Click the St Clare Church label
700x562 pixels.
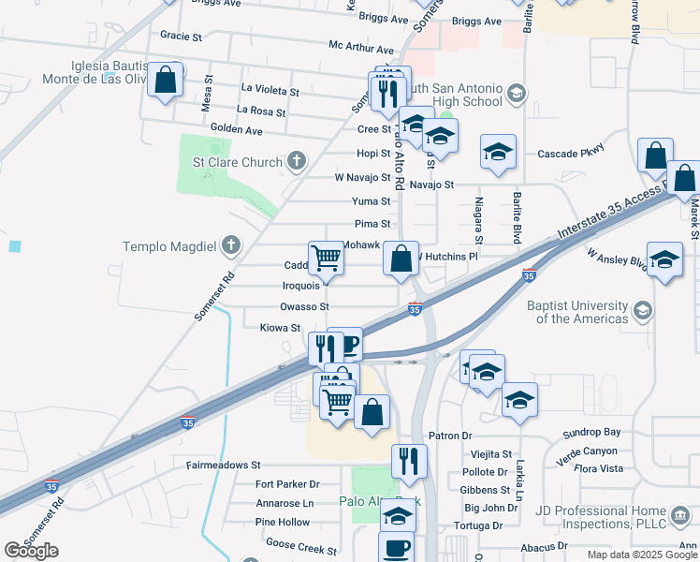click(x=237, y=162)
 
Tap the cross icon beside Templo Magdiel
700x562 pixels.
click(x=230, y=247)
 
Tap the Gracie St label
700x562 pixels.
click(x=182, y=37)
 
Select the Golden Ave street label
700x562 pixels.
click(x=236, y=129)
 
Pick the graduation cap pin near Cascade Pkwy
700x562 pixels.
click(x=498, y=152)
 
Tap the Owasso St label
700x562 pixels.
click(x=304, y=306)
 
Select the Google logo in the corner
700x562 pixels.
click(x=31, y=551)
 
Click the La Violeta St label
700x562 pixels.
click(x=270, y=92)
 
